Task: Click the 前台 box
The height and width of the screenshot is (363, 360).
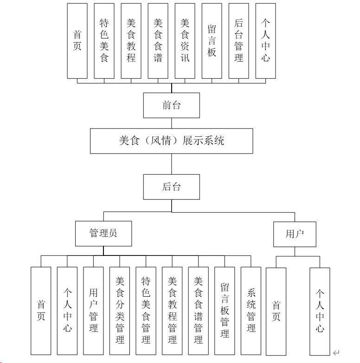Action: click(x=172, y=105)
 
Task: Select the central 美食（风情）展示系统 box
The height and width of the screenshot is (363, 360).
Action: click(x=172, y=141)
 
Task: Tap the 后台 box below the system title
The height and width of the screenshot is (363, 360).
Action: click(x=172, y=187)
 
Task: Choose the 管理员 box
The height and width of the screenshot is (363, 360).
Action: click(x=103, y=233)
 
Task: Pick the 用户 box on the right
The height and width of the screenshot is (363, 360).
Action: click(x=295, y=234)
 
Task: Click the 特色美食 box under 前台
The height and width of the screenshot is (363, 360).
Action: click(x=104, y=41)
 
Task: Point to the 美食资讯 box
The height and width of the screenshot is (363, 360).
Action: click(x=185, y=41)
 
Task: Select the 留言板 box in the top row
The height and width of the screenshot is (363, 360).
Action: click(x=212, y=41)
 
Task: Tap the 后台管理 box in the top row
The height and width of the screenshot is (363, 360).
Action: click(x=238, y=41)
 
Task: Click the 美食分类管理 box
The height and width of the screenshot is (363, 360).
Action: click(x=120, y=311)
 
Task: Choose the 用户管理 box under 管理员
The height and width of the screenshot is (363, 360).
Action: click(x=93, y=311)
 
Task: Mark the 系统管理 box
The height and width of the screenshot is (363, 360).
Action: click(x=251, y=311)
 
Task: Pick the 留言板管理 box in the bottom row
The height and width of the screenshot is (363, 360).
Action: click(x=225, y=311)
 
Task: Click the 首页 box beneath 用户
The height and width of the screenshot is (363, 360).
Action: click(x=276, y=311)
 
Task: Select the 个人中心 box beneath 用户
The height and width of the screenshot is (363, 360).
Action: click(x=320, y=311)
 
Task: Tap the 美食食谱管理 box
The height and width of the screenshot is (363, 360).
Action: click(x=199, y=311)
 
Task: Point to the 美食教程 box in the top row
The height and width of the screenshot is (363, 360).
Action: click(x=131, y=41)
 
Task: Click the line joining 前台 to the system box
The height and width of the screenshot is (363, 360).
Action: click(x=172, y=123)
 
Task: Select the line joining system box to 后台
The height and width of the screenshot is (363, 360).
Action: click(x=172, y=164)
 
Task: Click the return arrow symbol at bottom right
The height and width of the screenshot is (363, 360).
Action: click(x=336, y=353)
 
